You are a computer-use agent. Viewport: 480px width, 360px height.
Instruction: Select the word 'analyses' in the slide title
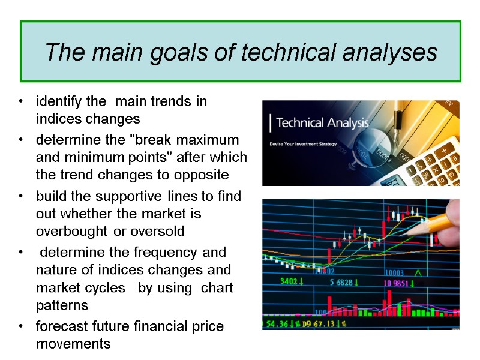[x=390, y=52]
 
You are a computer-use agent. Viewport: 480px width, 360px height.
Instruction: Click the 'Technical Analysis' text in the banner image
[x=322, y=124]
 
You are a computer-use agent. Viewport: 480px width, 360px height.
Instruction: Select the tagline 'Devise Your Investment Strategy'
[x=303, y=144]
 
